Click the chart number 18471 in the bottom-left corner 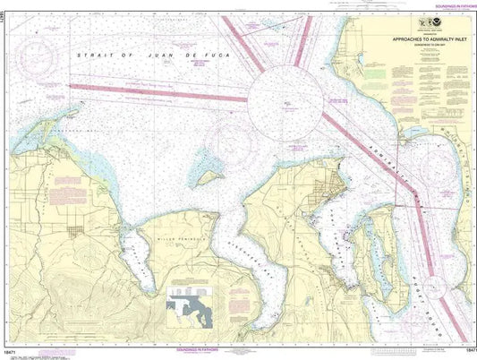coord(12,354)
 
